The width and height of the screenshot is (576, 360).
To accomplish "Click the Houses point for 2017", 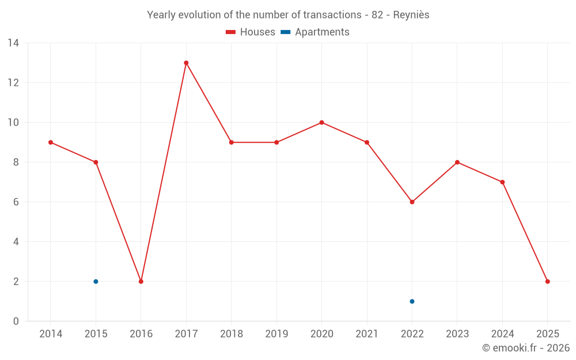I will (x=186, y=63).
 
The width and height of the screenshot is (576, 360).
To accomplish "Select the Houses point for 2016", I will (x=141, y=282).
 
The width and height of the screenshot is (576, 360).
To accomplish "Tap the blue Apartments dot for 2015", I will (x=96, y=282).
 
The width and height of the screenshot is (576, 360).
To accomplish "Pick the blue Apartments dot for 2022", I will (x=412, y=301).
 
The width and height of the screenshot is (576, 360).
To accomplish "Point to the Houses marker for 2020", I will (x=321, y=123).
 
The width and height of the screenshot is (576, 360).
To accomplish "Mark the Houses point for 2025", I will (x=547, y=282).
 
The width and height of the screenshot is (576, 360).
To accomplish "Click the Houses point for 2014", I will (x=51, y=142).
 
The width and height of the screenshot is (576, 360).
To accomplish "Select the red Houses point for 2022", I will (x=412, y=202).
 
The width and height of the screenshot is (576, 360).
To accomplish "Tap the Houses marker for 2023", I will (x=457, y=162).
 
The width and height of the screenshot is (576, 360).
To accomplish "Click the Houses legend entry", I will (x=251, y=32).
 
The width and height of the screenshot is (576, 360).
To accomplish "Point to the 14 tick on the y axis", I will (x=13, y=43).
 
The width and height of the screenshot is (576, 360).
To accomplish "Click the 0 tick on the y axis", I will (x=16, y=321).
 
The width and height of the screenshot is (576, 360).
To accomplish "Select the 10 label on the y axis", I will (x=13, y=123).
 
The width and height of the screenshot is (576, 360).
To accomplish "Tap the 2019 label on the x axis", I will (x=276, y=334).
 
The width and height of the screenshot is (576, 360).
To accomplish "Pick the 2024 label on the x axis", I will (x=502, y=334).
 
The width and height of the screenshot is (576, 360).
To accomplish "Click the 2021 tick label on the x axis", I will (x=367, y=334).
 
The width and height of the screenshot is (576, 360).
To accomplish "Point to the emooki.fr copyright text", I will (x=525, y=348).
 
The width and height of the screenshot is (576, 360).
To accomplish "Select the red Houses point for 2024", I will (x=502, y=182).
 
